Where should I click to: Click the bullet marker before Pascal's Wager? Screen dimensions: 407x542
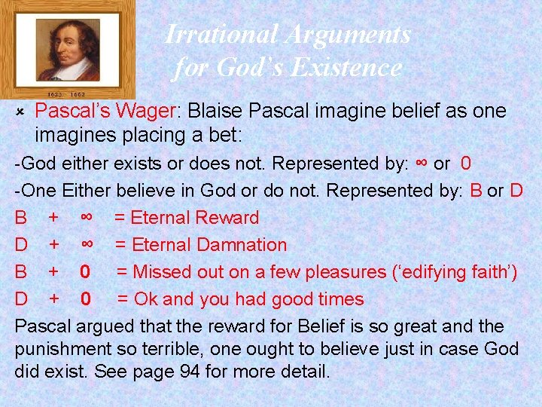click(22, 112)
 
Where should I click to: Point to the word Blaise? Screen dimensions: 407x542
click(215, 112)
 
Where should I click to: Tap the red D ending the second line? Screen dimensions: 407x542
click(516, 191)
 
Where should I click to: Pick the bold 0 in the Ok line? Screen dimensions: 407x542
click(87, 299)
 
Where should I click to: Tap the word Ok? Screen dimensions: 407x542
click(146, 299)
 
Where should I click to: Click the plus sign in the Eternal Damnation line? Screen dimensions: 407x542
click(54, 245)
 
